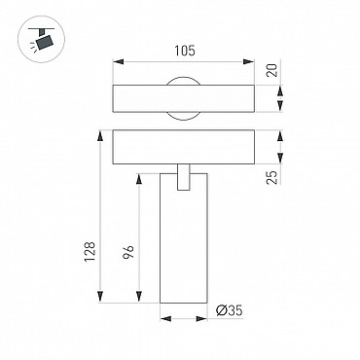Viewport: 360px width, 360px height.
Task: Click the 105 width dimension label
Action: point(185,51)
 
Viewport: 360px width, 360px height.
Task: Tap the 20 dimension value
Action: point(272,70)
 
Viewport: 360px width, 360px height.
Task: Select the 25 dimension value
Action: point(272,177)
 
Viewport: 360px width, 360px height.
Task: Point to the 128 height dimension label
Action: point(90,252)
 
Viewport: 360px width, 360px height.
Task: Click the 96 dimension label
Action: point(128,252)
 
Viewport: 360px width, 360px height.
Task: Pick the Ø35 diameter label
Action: point(230,310)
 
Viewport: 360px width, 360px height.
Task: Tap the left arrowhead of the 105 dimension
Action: point(118,61)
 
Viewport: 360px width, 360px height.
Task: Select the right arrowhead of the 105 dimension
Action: point(249,61)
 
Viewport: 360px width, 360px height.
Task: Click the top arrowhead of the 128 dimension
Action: point(100,135)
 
